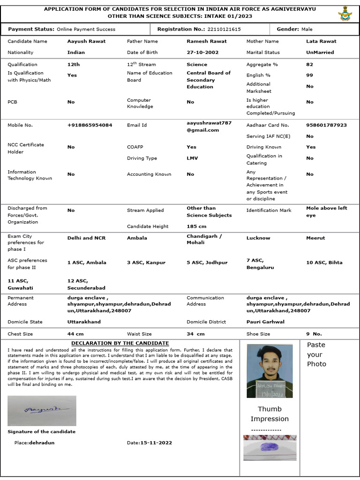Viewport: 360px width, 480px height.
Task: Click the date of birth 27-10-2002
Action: point(202,52)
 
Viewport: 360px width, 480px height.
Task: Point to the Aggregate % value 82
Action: point(309,65)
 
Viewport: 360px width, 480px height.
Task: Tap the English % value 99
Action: point(309,75)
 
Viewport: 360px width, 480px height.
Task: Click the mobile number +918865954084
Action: point(90,125)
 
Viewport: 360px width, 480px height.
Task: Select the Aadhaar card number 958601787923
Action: point(326,125)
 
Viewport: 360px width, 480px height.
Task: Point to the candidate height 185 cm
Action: point(196,226)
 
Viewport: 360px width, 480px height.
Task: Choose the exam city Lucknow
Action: point(258,238)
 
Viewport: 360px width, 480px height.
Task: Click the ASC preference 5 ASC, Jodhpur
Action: point(207,263)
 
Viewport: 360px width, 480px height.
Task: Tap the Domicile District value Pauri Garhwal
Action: point(265,322)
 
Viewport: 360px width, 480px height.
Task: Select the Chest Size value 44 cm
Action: point(75,334)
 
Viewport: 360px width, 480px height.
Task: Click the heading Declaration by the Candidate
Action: point(120,343)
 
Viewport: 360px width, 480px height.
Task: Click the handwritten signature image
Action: point(42,411)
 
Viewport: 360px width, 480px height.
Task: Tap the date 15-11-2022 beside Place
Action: point(156,442)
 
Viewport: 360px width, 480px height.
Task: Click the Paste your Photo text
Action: point(316,354)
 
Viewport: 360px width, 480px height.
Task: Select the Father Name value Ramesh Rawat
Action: point(206,41)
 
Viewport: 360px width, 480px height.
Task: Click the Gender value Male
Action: point(307,29)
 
